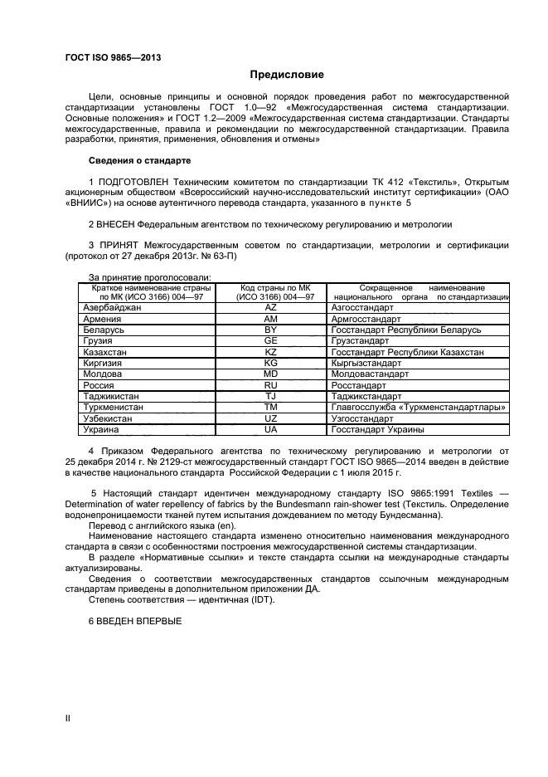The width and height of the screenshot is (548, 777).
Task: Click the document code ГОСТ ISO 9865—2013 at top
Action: click(x=112, y=57)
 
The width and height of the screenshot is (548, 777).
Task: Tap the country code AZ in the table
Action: click(x=270, y=307)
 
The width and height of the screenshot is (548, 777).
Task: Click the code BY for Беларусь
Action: click(x=270, y=330)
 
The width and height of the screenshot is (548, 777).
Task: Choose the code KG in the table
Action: click(x=270, y=364)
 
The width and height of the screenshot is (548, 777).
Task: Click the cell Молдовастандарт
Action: click(x=370, y=374)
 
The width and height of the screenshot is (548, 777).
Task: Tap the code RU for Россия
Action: click(x=270, y=385)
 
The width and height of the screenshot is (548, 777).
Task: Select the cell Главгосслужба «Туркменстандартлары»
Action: click(x=418, y=408)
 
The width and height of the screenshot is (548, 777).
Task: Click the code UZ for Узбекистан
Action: click(x=270, y=419)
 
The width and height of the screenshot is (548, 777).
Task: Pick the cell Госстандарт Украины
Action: click(x=377, y=430)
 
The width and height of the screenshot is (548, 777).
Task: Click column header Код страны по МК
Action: click(x=270, y=287)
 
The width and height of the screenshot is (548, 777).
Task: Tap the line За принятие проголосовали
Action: click(x=149, y=276)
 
